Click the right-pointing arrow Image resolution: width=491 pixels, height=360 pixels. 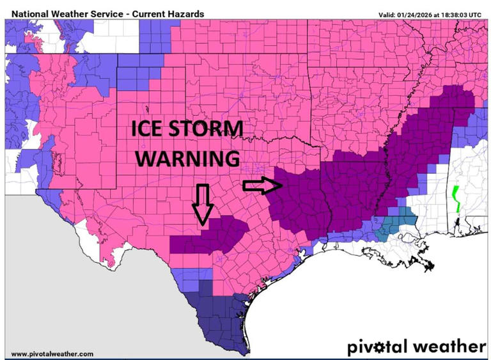[x=262, y=185]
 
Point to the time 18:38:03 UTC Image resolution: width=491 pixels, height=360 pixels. [x=463, y=13]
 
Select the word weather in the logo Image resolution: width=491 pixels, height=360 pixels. [x=451, y=347]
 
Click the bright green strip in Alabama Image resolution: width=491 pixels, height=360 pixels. [x=456, y=199]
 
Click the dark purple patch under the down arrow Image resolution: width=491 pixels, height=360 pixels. [x=211, y=237]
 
